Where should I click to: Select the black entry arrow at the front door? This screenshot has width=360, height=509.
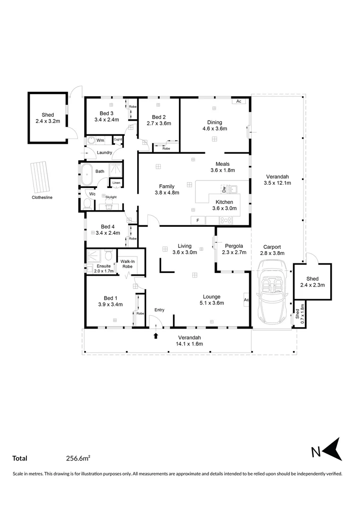click(155, 336)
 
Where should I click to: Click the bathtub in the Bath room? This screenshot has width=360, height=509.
click(86, 175)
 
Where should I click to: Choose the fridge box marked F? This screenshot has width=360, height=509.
click(198, 220)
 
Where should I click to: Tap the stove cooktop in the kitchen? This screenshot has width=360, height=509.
click(226, 220)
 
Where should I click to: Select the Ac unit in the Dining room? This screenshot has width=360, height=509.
click(238, 101)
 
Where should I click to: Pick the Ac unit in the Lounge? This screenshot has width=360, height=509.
click(246, 299)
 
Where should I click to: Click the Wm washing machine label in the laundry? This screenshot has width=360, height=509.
click(100, 140)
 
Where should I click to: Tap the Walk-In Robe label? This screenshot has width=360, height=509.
click(127, 264)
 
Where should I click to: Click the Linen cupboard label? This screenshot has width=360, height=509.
click(115, 182)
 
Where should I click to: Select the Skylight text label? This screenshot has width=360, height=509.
click(111, 197)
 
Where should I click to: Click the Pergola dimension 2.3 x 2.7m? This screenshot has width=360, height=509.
click(234, 252)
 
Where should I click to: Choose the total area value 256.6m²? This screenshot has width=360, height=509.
click(78, 458)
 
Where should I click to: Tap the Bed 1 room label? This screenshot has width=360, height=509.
click(108, 298)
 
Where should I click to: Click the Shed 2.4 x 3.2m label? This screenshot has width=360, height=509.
click(48, 118)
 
